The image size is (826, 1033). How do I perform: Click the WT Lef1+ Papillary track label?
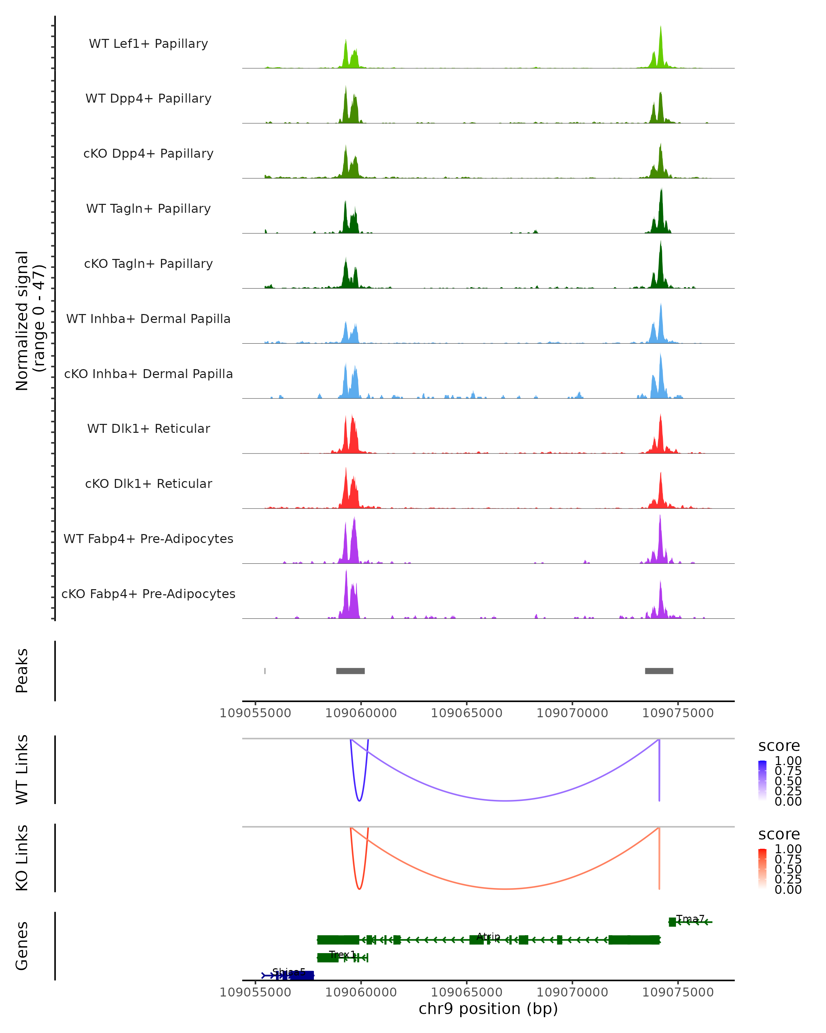click(x=148, y=44)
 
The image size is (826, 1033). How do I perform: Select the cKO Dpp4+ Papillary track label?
click(x=148, y=154)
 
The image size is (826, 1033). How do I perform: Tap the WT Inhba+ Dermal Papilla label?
click(x=148, y=319)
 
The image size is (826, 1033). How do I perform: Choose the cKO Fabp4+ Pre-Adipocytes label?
click(x=148, y=594)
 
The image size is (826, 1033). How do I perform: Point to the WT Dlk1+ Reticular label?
click(x=148, y=429)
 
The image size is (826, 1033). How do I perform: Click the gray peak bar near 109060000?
click(x=350, y=671)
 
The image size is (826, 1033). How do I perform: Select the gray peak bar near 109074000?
click(x=659, y=671)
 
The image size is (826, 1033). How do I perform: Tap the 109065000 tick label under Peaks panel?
click(x=466, y=713)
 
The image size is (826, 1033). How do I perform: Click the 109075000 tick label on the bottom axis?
click(x=678, y=992)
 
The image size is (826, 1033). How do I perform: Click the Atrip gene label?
click(x=488, y=937)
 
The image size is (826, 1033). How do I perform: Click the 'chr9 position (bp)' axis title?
click(x=488, y=1009)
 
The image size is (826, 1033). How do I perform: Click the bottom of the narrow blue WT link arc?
click(x=359, y=801)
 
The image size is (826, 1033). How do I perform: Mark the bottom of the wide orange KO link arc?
click(x=505, y=889)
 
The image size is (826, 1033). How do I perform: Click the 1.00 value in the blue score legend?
click(x=788, y=761)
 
